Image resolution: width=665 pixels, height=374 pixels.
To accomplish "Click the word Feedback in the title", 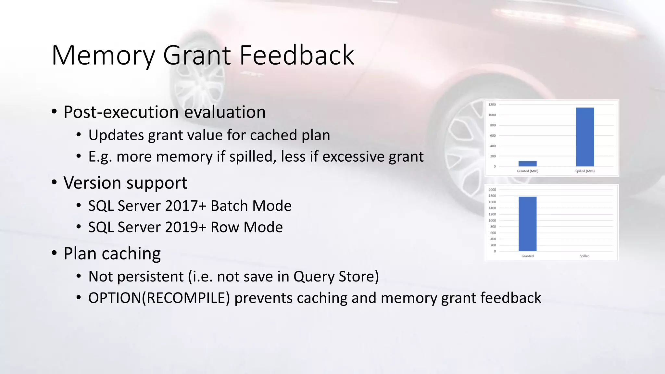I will tap(297, 55).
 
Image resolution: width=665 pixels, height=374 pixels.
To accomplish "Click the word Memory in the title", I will tap(103, 56).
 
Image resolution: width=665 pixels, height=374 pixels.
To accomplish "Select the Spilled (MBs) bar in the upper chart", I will tap(585, 137).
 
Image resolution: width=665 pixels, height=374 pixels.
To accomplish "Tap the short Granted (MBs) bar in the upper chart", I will tap(527, 164).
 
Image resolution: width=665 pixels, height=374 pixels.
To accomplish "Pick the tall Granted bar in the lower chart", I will tap(527, 224).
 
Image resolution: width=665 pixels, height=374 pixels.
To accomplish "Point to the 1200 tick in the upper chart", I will tap(492, 105).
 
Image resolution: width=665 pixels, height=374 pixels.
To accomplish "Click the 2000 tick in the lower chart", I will tap(492, 190).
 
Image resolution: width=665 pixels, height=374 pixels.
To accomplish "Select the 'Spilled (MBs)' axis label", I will tap(585, 171).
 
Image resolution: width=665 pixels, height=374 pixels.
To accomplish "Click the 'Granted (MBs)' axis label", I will tap(527, 171).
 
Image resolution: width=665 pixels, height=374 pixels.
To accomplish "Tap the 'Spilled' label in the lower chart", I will tap(584, 256).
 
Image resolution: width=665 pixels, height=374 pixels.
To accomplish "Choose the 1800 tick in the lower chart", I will tap(492, 196).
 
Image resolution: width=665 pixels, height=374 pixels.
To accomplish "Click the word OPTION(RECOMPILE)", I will tap(159, 298).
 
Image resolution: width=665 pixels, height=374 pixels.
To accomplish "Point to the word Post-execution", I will tap(121, 112).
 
